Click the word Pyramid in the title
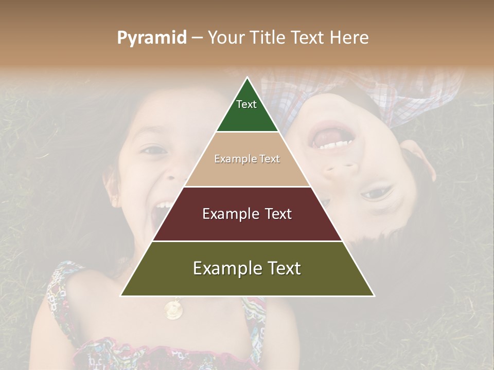tap(151, 38)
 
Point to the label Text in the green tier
tap(246, 104)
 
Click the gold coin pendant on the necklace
tap(173, 309)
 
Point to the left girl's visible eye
tap(154, 150)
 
